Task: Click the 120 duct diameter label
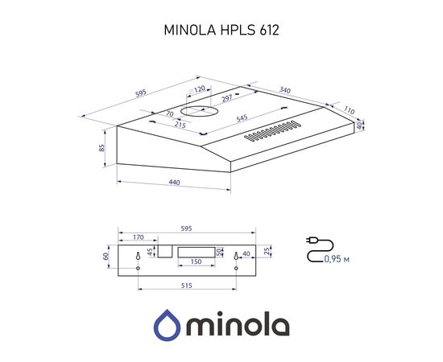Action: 197,91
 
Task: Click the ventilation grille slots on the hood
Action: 275,130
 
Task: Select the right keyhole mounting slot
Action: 236,257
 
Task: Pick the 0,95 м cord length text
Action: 336,258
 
